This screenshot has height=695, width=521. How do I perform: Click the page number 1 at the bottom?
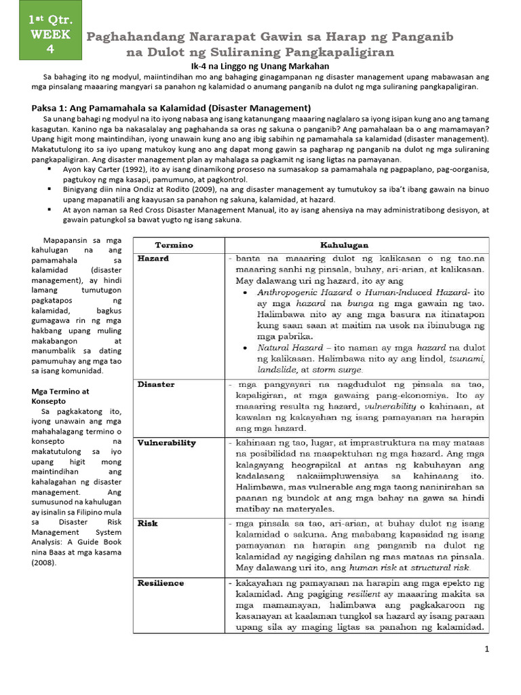[x=486, y=650]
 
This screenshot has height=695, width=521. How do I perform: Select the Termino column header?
[x=174, y=244]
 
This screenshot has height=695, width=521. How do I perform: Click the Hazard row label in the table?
[x=153, y=259]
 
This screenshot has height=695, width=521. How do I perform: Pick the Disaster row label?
[x=156, y=384]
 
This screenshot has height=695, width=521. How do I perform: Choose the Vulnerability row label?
[x=166, y=443]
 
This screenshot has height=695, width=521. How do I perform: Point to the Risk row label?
[x=147, y=524]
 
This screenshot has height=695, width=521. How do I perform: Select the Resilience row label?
[x=161, y=582]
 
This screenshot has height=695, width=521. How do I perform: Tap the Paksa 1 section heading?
[x=172, y=108]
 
